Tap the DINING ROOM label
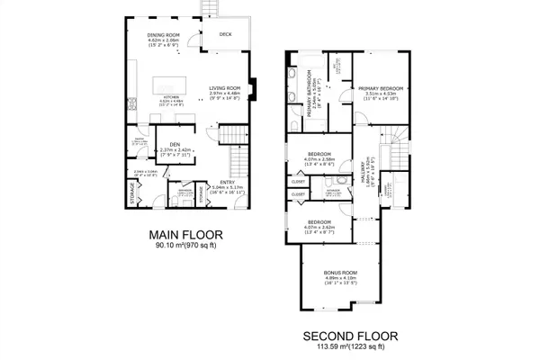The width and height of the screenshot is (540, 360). coord(165,35)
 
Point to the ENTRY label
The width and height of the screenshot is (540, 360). coord(226,183)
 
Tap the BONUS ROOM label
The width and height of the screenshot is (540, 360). coord(341,273)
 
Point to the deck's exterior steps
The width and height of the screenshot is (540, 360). coord(214,8)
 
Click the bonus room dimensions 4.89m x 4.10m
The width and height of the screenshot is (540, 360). coord(341,279)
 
